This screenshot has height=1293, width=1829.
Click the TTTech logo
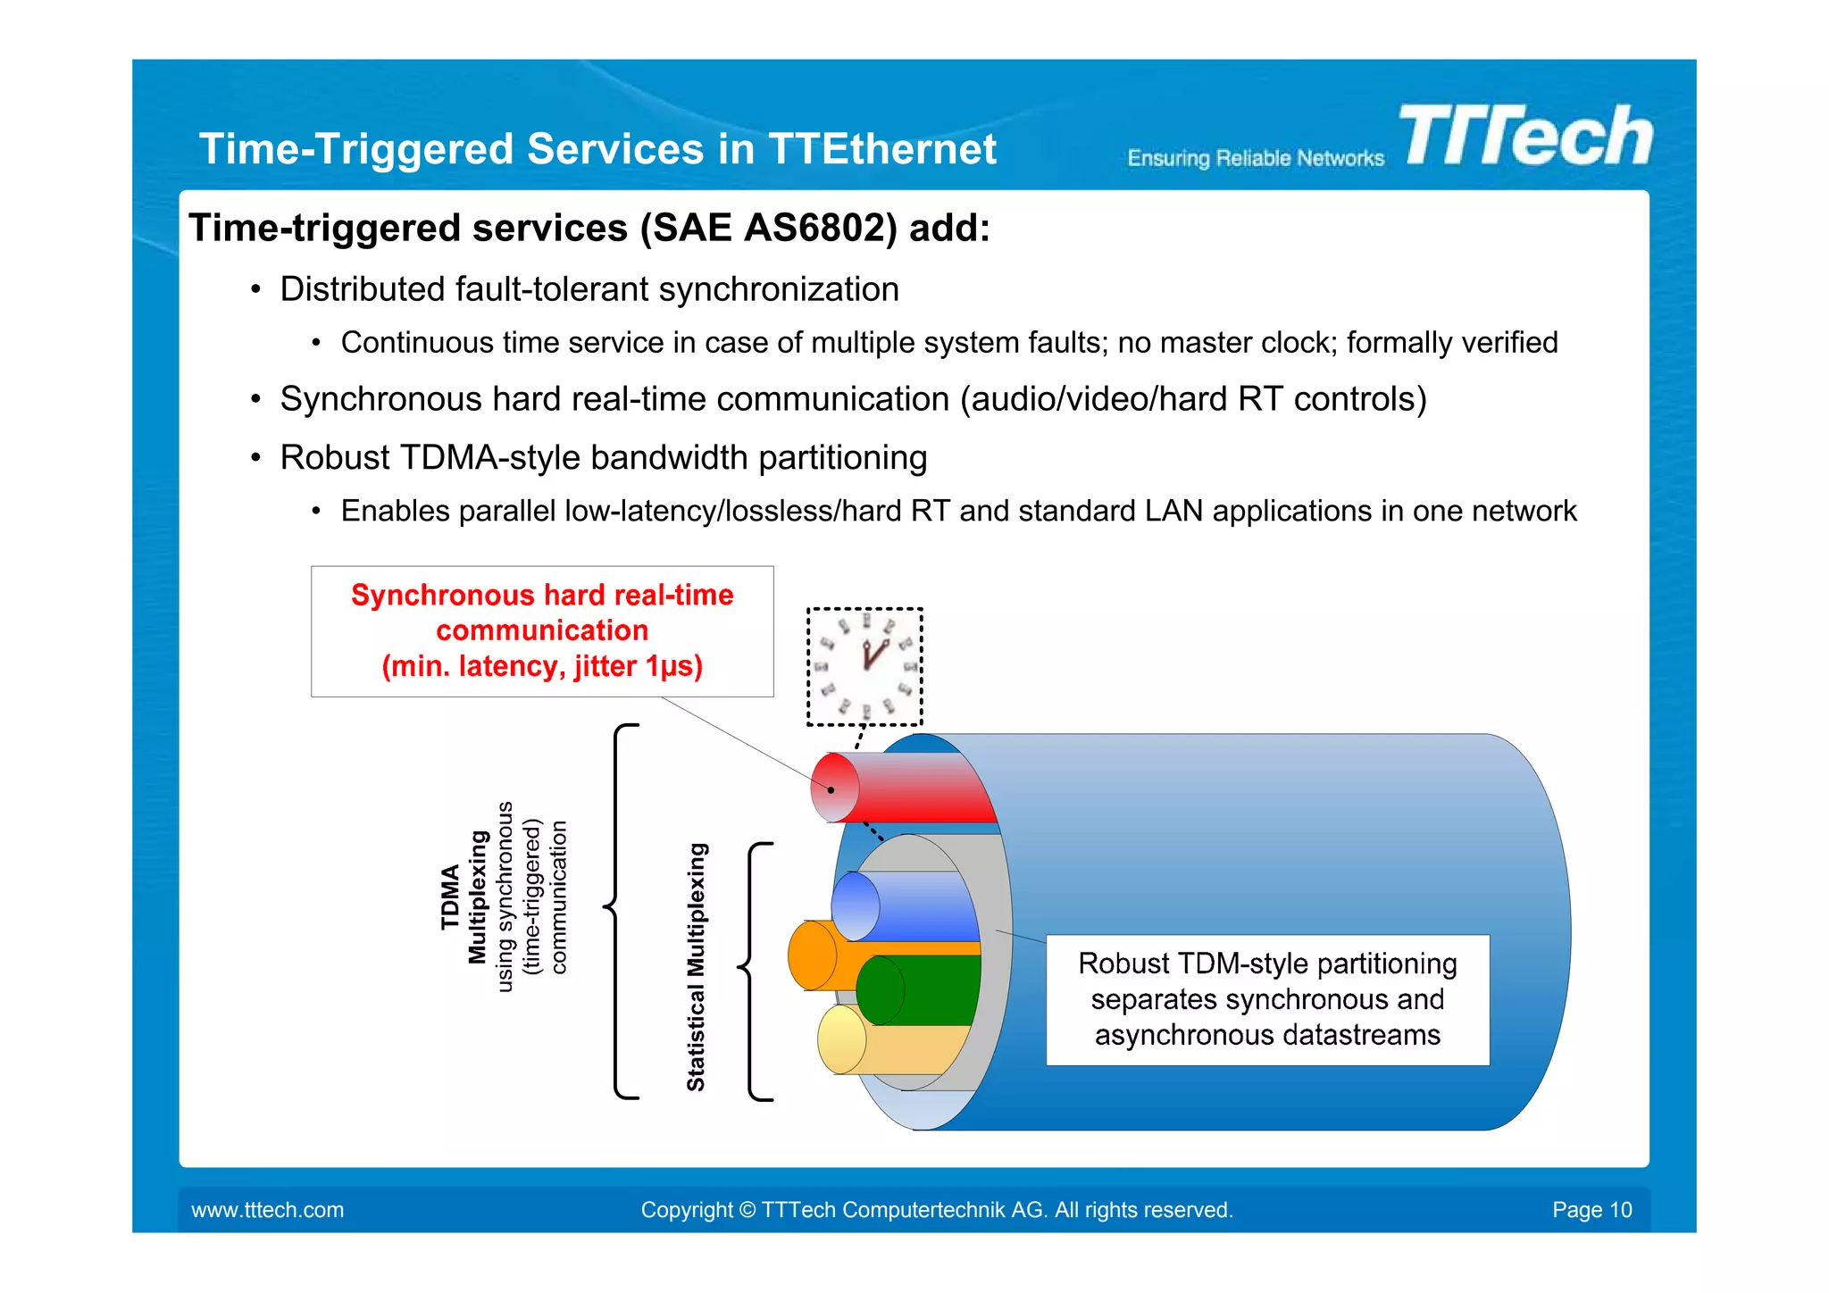(1525, 136)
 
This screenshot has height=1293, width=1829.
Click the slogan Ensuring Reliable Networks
(1255, 159)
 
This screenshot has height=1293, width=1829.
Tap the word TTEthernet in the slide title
(881, 148)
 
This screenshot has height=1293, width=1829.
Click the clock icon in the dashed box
(864, 666)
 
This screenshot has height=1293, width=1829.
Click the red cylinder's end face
(834, 788)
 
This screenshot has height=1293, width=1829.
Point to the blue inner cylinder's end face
(855, 906)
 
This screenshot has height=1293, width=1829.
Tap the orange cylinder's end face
(811, 955)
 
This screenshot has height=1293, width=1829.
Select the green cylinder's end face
(879, 990)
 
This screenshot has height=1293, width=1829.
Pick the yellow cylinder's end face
(841, 1039)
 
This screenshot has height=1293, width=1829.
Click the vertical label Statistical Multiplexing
(696, 967)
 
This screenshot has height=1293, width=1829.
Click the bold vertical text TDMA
(450, 897)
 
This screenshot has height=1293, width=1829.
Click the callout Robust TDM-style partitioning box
(1266, 999)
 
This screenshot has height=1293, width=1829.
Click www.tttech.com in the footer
(267, 1210)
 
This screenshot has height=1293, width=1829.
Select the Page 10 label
(1591, 1210)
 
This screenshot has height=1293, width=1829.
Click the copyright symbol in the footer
(747, 1210)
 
